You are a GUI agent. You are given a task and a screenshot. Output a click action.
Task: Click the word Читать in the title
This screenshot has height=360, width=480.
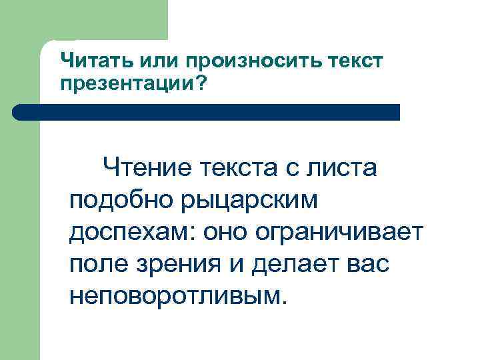(97, 61)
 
